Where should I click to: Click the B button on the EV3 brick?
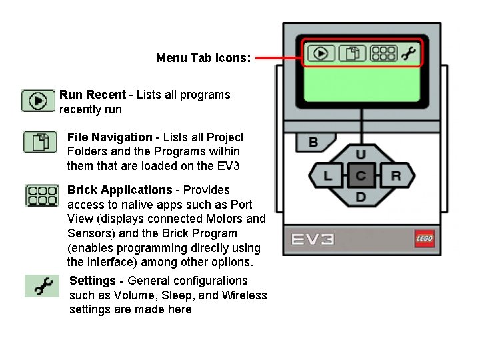[312, 142]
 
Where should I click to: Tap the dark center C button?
[361, 176]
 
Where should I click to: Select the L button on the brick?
[328, 176]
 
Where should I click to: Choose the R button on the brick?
[395, 176]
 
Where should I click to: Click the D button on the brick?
[361, 197]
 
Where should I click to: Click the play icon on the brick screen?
[321, 53]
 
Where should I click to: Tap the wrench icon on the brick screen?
[409, 53]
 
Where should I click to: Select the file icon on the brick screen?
[352, 53]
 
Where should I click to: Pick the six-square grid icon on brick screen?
[383, 53]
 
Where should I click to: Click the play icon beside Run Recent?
[38, 101]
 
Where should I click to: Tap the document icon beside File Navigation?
[41, 142]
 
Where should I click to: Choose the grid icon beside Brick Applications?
[42, 195]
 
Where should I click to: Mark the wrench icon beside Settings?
[43, 287]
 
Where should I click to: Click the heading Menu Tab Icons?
[203, 58]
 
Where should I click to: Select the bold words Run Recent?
[92, 95]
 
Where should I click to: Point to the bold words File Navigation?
[109, 137]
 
